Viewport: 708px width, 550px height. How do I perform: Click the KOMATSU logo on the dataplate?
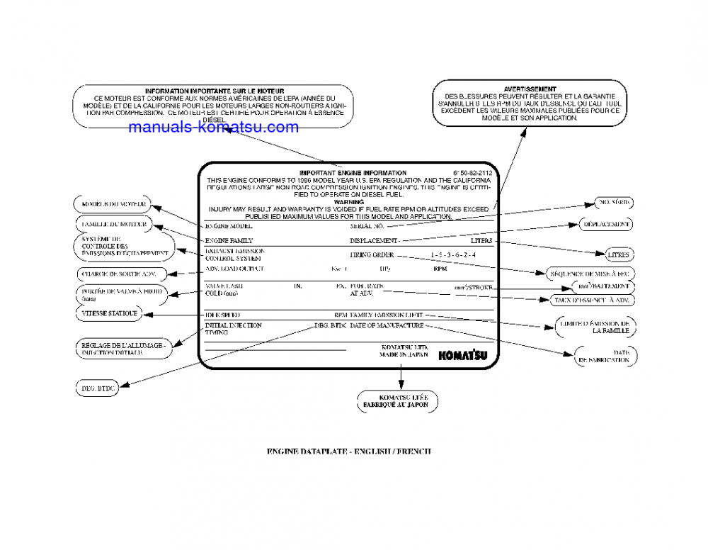pyautogui.click(x=462, y=355)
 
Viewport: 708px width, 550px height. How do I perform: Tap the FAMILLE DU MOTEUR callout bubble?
pyautogui.click(x=113, y=224)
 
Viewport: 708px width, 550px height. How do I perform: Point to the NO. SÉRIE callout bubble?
pyautogui.click(x=613, y=203)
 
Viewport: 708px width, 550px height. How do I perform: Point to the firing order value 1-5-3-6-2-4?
pyautogui.click(x=453, y=254)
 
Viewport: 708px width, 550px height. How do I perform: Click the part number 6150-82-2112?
pyautogui.click(x=472, y=172)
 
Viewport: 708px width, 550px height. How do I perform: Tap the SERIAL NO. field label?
pyautogui.click(x=367, y=226)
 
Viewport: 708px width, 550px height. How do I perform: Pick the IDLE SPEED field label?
pyautogui.click(x=222, y=314)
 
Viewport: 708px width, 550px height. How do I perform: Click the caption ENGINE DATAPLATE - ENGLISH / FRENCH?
pyautogui.click(x=348, y=451)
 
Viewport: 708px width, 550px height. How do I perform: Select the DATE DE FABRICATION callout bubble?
pyautogui.click(x=605, y=356)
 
